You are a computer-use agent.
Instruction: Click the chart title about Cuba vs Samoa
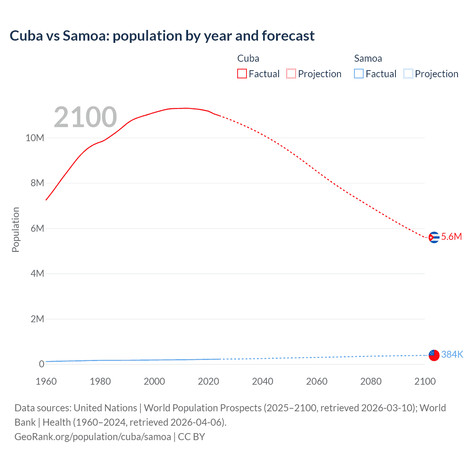(162, 36)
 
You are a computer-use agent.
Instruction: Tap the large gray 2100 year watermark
(85, 117)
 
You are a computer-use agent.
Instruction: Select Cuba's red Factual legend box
(242, 74)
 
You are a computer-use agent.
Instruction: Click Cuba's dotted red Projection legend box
(291, 74)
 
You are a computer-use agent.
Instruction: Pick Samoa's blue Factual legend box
(359, 74)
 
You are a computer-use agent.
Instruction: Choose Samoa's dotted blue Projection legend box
(408, 74)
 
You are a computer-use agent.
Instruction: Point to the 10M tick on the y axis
(35, 138)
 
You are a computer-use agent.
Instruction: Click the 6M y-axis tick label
(37, 228)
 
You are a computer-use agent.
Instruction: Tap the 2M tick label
(37, 319)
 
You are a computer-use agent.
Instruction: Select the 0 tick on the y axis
(41, 364)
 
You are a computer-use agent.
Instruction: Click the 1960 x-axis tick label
(46, 381)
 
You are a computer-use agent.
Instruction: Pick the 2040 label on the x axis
(263, 381)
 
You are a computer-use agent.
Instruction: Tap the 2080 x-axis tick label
(371, 381)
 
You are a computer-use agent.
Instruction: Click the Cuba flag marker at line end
(434, 237)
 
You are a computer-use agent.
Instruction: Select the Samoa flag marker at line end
(434, 355)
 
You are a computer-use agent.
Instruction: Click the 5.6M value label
(452, 237)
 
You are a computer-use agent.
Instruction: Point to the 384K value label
(452, 355)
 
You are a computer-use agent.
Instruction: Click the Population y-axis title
(16, 229)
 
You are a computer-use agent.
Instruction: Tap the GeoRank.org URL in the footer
(93, 437)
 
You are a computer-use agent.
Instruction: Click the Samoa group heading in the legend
(368, 58)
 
